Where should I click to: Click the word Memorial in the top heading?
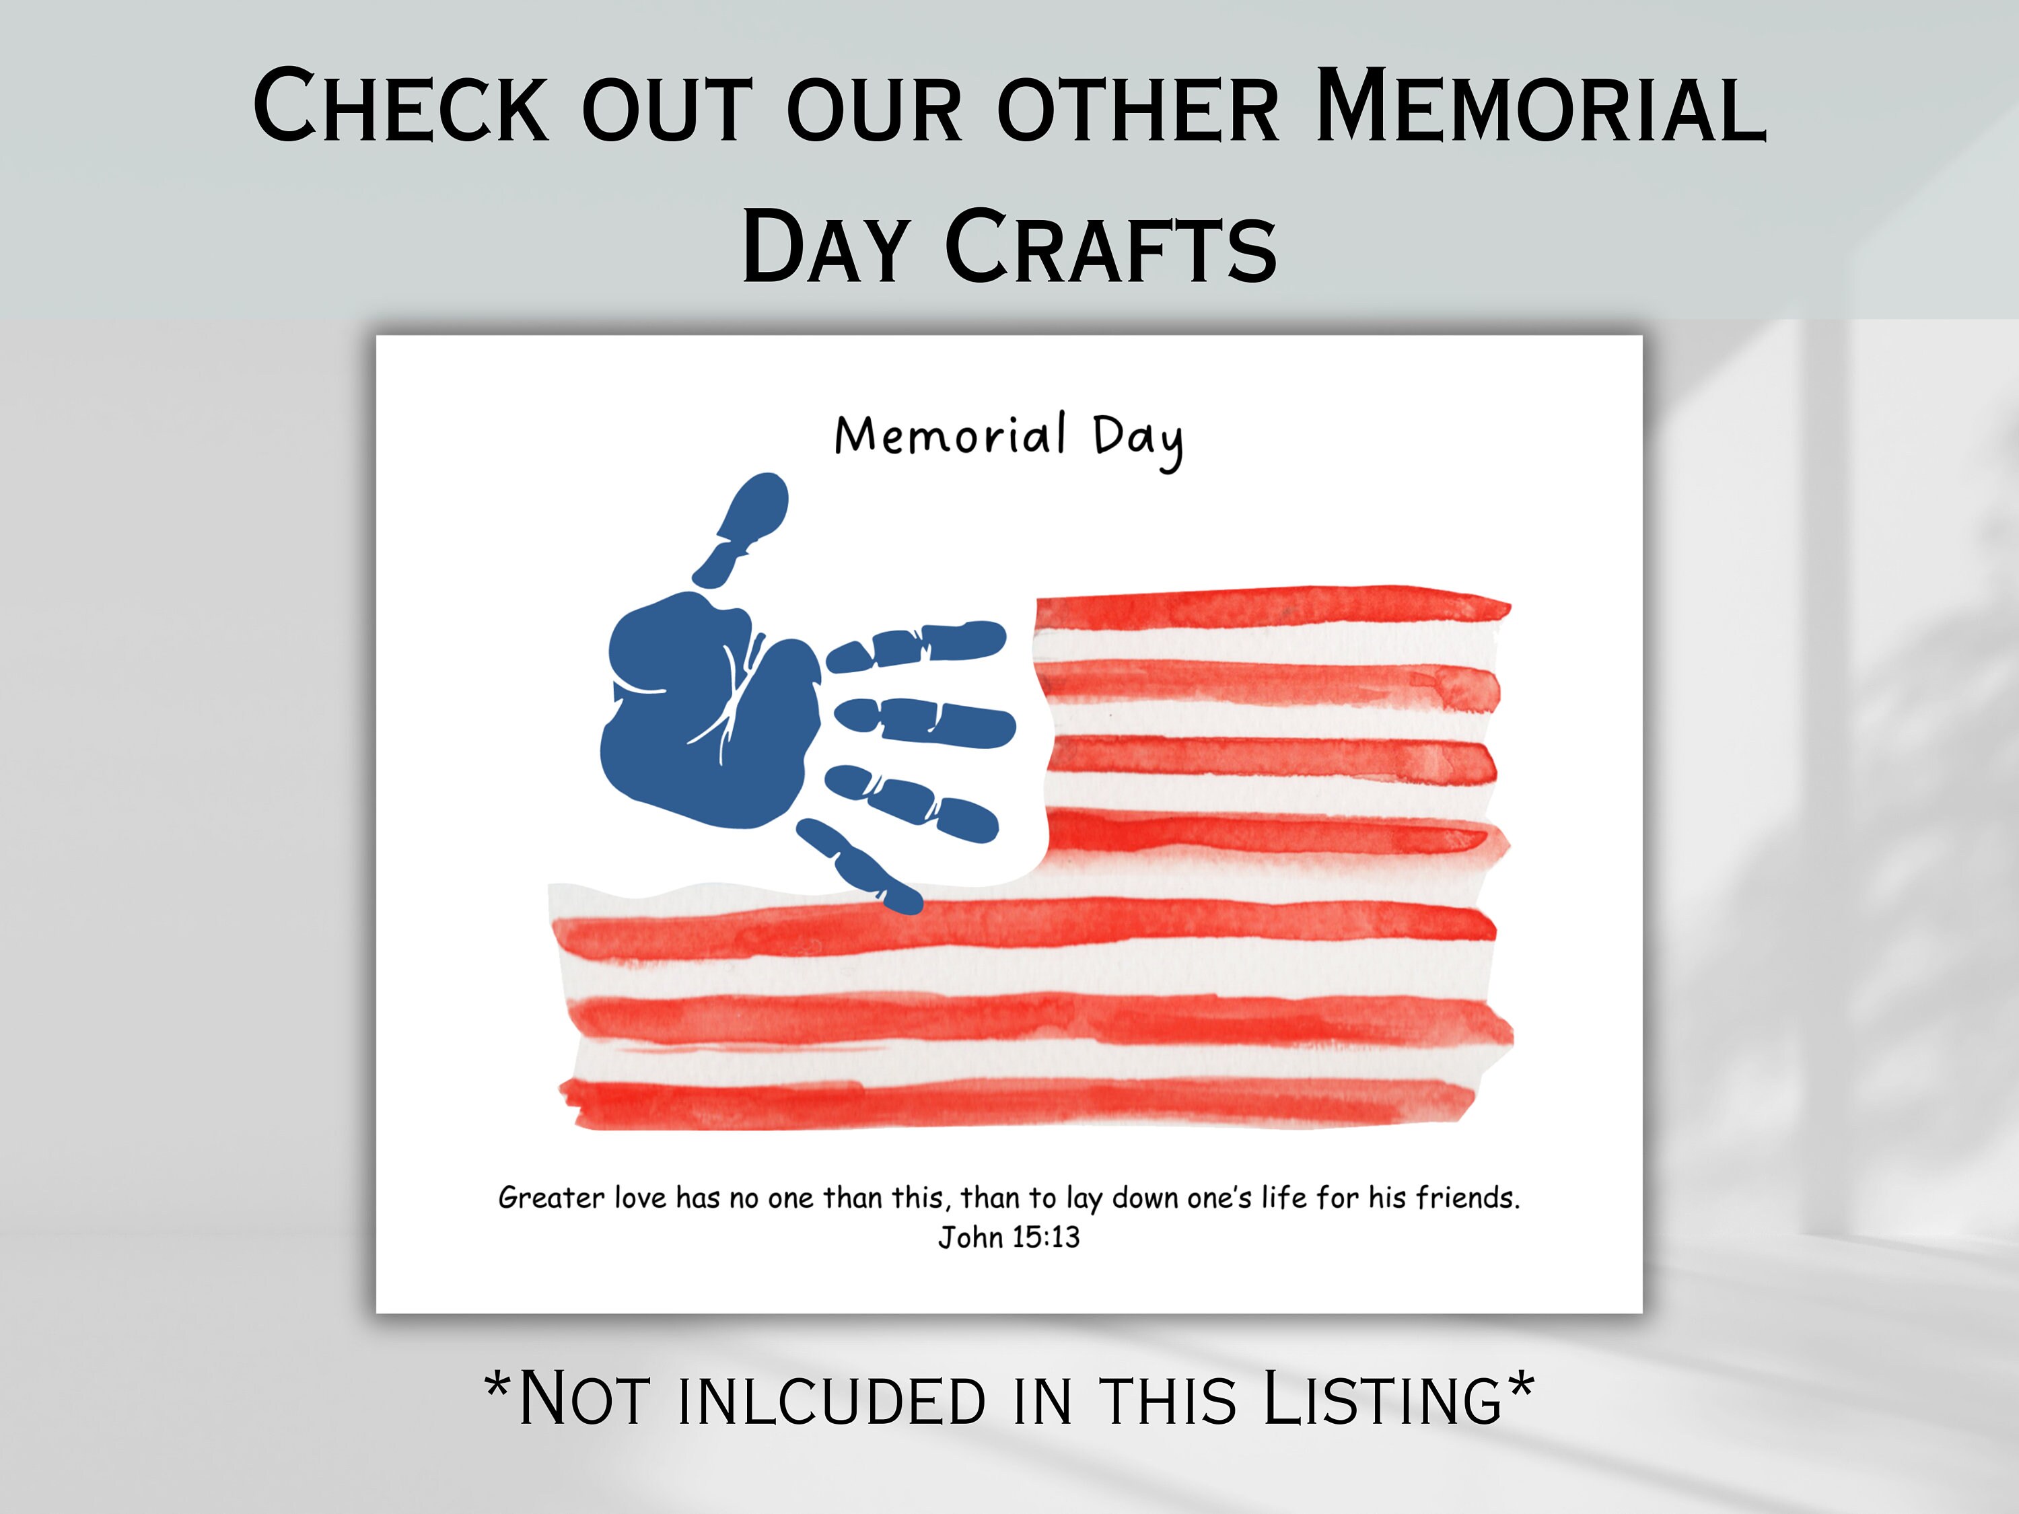click(1540, 107)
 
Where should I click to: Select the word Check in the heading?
click(402, 107)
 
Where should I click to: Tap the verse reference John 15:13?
click(1009, 1237)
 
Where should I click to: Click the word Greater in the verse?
click(551, 1197)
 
